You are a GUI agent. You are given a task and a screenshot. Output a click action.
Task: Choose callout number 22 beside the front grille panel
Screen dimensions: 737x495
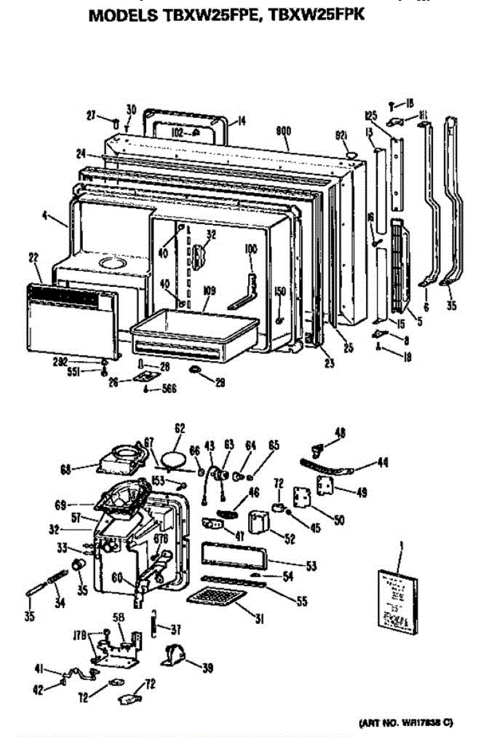pos(33,258)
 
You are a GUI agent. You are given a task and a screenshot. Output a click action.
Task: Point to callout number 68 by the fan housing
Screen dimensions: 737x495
pos(66,469)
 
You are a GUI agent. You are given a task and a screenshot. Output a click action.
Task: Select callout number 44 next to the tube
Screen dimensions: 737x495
pos(382,461)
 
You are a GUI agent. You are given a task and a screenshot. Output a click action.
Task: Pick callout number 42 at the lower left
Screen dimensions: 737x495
pos(38,690)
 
